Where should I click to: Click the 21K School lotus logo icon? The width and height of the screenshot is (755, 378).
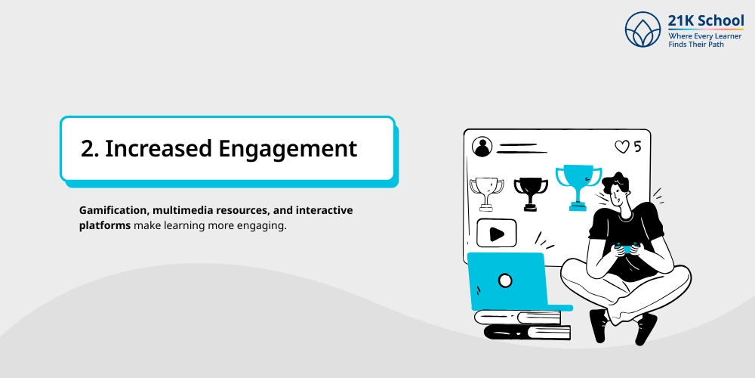[643, 29]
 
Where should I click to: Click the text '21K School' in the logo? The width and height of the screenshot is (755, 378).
[706, 20]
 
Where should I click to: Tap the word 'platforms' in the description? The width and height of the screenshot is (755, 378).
[104, 225]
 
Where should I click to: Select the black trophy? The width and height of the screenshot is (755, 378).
[531, 191]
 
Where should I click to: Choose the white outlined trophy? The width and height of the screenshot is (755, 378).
[486, 193]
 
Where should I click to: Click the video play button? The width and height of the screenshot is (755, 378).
[497, 233]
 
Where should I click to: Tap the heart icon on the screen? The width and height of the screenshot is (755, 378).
[621, 147]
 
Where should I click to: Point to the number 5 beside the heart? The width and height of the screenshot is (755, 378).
[637, 147]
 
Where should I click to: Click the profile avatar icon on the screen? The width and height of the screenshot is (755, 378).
[481, 147]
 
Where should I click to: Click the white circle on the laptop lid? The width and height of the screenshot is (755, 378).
[505, 280]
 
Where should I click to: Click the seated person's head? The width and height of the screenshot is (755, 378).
[623, 193]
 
